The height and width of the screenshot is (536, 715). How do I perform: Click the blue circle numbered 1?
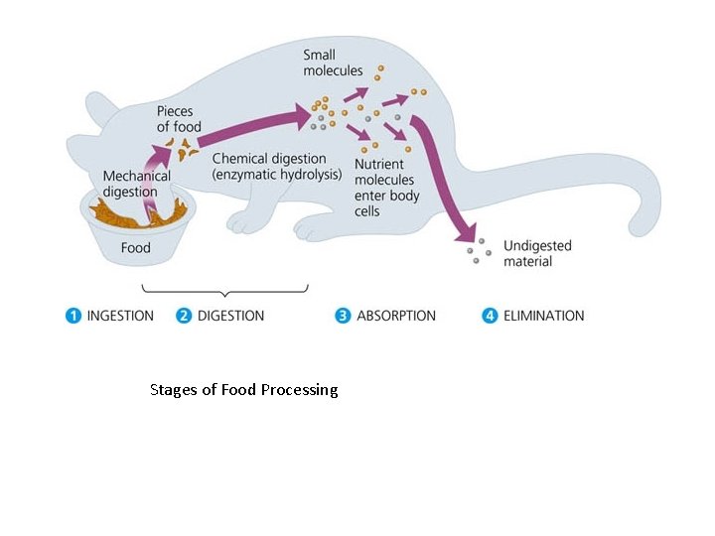pyautogui.click(x=72, y=316)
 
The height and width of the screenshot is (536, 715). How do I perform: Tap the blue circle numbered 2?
pyautogui.click(x=184, y=316)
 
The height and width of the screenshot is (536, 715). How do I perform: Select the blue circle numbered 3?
pyautogui.click(x=343, y=316)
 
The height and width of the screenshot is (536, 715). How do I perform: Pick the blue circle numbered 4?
pyautogui.click(x=490, y=316)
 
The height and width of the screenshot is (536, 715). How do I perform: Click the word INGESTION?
pyautogui.click(x=120, y=316)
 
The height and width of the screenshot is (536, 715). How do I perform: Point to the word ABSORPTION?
pyautogui.click(x=396, y=316)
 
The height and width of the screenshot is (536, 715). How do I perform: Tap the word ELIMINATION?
pyautogui.click(x=544, y=316)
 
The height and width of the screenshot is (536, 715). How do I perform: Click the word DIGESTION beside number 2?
pyautogui.click(x=230, y=316)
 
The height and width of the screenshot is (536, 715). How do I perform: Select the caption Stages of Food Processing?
pyautogui.click(x=243, y=390)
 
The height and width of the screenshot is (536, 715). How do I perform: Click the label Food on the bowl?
pyautogui.click(x=135, y=247)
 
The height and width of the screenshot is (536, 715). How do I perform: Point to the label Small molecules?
pyautogui.click(x=333, y=63)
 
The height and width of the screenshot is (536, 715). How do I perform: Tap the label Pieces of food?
pyautogui.click(x=179, y=118)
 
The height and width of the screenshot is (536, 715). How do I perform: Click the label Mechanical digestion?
pyautogui.click(x=137, y=184)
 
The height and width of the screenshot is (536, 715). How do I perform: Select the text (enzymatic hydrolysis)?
pyautogui.click(x=277, y=175)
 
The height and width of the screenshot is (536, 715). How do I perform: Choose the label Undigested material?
pyautogui.click(x=537, y=253)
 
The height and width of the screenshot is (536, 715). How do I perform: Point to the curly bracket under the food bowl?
pyautogui.click(x=225, y=290)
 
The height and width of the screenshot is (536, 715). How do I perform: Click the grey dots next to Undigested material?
pyautogui.click(x=479, y=250)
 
